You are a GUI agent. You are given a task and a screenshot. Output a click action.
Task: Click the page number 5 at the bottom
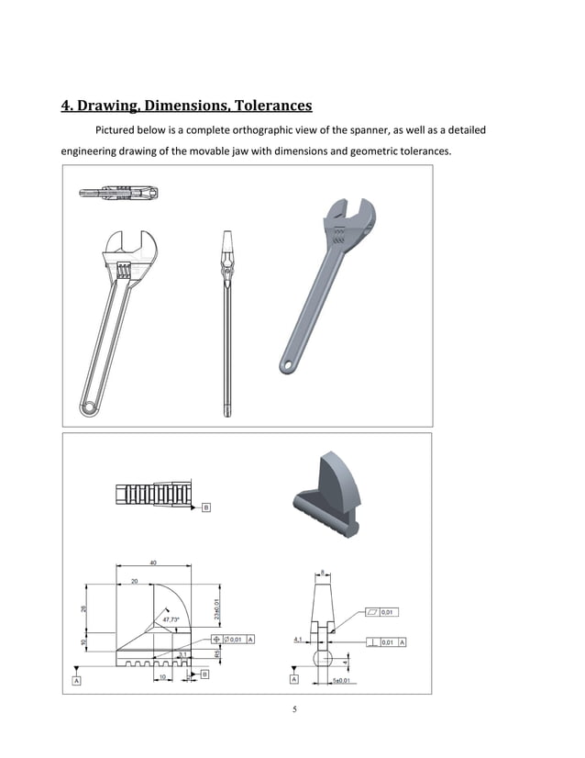pyautogui.click(x=294, y=708)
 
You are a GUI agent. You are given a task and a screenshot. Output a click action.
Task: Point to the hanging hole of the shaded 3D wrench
pyautogui.click(x=288, y=366)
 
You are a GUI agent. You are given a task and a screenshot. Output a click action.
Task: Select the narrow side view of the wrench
pyautogui.click(x=226, y=321)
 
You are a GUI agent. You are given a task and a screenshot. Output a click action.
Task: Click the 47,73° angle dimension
pyautogui.click(x=171, y=619)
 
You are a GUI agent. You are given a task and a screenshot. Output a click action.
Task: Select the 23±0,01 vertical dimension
pyautogui.click(x=215, y=608)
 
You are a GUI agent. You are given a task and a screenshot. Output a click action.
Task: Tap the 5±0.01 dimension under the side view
pyautogui.click(x=342, y=680)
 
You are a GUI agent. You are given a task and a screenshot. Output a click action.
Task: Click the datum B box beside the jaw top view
pyautogui.click(x=205, y=506)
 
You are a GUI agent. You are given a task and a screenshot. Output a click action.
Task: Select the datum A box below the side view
pyautogui.click(x=293, y=680)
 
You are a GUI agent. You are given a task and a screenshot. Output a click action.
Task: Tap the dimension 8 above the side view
pyautogui.click(x=323, y=574)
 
